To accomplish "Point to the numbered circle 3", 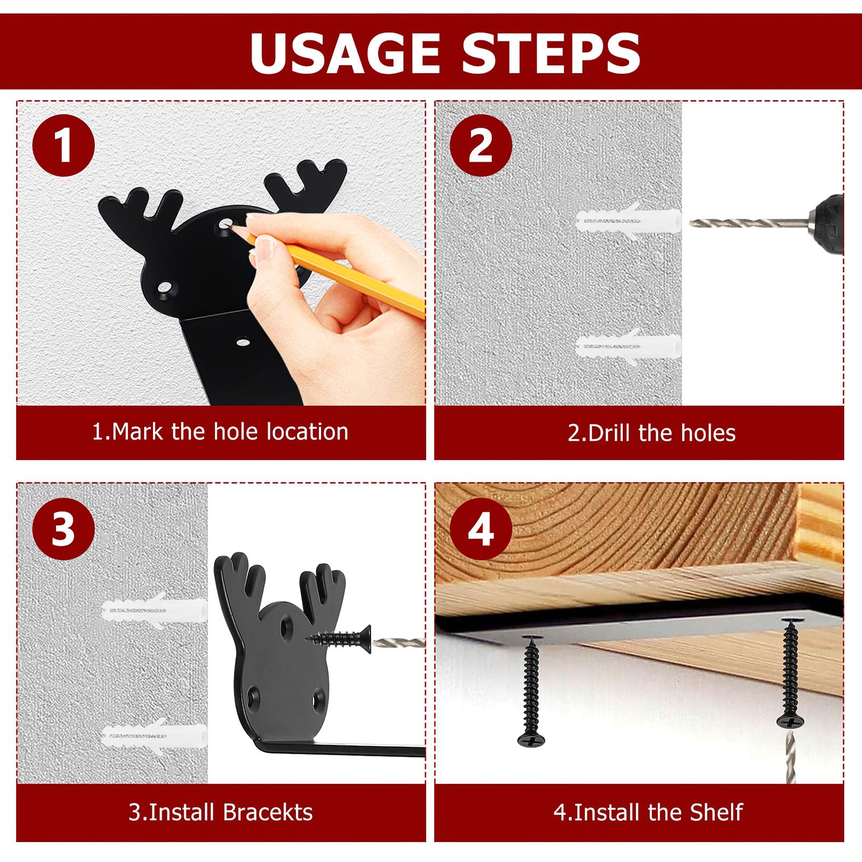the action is tap(64, 529).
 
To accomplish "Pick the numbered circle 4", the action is tap(481, 529).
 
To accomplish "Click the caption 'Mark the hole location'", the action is tap(230, 432).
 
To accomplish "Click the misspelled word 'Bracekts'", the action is tap(268, 812).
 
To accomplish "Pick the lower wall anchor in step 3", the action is tap(153, 734).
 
